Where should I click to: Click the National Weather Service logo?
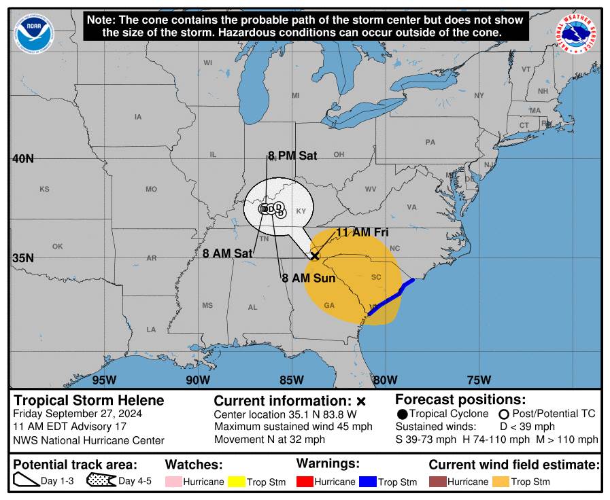tap(578, 35)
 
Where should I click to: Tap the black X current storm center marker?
tap(315, 255)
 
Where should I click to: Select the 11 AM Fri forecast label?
tap(362, 232)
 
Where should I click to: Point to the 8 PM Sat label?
tap(292, 156)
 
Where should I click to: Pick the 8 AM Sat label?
tap(227, 253)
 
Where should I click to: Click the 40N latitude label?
tap(22, 159)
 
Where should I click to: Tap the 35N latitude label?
tap(22, 258)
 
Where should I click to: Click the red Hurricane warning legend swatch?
tap(304, 482)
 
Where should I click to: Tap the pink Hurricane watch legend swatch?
tap(173, 482)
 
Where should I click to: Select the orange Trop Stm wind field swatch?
tap(501, 482)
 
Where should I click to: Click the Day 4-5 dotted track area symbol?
tap(101, 481)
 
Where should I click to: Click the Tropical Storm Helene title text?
tap(89, 400)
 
